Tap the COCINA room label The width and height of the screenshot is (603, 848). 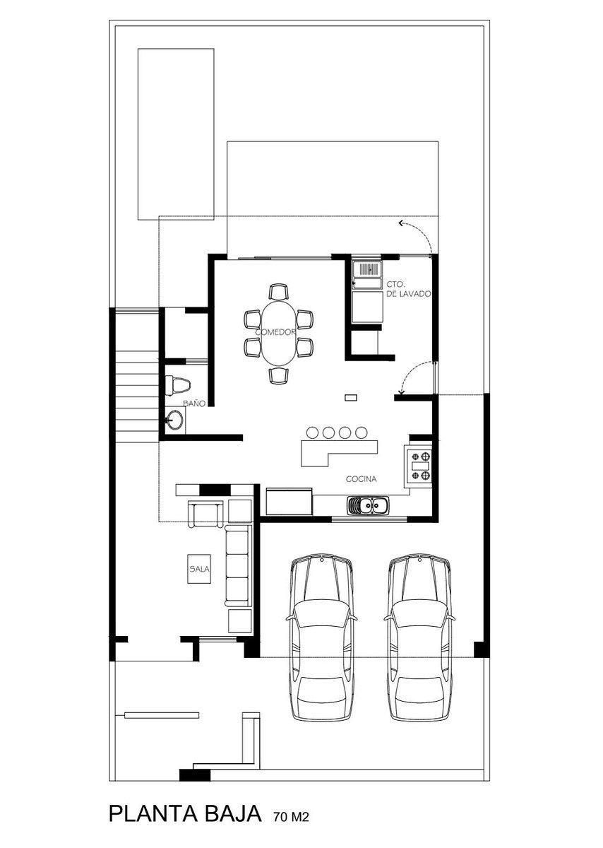[362, 479]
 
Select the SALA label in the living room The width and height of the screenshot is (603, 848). [199, 569]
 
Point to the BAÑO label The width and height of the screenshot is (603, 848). [194, 404]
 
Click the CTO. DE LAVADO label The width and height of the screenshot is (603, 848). [409, 289]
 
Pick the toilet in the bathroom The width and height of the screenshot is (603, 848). [177, 385]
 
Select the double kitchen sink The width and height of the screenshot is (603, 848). [366, 505]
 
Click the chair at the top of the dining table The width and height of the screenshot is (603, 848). [278, 292]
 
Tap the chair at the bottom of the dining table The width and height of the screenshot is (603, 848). [278, 375]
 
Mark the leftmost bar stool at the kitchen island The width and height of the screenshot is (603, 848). [311, 432]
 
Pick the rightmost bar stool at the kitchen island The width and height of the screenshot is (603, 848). [362, 432]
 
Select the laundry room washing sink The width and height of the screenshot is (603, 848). [366, 269]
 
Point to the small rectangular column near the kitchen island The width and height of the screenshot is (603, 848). [351, 397]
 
